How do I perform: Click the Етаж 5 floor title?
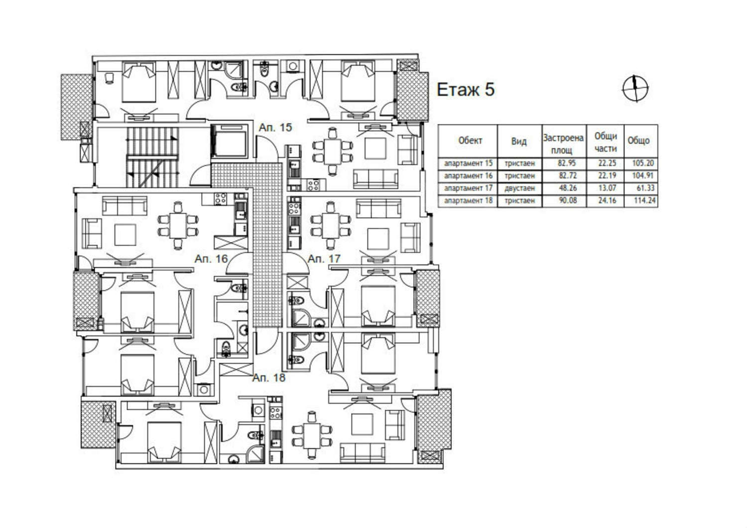click(466, 90)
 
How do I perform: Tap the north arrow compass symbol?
click(635, 88)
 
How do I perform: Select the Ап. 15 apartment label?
click(275, 128)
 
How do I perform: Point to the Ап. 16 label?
click(211, 259)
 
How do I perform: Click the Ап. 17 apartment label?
click(324, 259)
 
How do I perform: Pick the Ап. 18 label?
click(269, 378)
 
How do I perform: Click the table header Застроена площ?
click(563, 144)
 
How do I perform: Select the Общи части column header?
click(606, 142)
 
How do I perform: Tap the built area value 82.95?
click(567, 163)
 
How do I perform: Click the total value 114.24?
click(644, 200)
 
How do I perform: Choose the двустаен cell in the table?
click(519, 188)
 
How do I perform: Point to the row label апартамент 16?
click(468, 176)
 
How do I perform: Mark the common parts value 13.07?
click(607, 188)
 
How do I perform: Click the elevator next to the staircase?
click(230, 141)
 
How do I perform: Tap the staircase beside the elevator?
click(152, 157)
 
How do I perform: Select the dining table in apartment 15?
click(333, 152)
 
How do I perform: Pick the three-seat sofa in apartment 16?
click(124, 206)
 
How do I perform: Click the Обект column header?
click(470, 141)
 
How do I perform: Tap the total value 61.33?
click(645, 188)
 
